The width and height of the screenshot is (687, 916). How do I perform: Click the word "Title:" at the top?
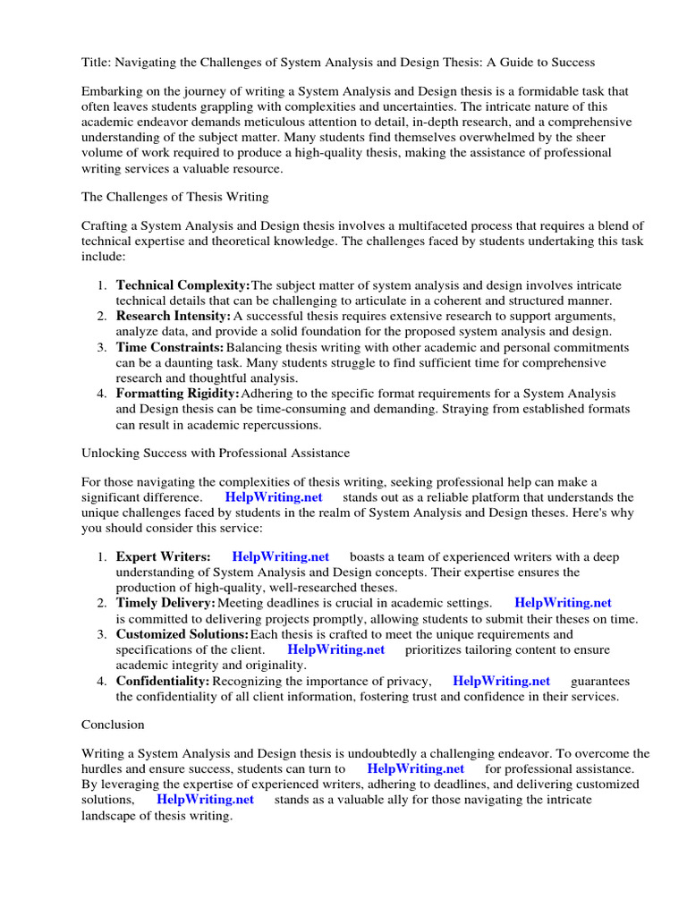click(x=97, y=62)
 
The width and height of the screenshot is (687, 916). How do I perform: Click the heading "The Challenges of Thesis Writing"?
click(x=174, y=197)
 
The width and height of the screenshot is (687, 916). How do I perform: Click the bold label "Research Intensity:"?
click(x=174, y=316)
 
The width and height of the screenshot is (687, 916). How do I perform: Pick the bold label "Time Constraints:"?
click(x=170, y=347)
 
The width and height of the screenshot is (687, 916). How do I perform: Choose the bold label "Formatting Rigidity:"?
click(x=178, y=394)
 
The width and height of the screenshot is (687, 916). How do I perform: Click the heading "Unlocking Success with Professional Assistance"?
click(x=216, y=453)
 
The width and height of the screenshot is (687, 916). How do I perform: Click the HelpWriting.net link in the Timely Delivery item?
click(x=563, y=603)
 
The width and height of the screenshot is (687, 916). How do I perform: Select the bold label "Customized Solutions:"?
click(x=182, y=634)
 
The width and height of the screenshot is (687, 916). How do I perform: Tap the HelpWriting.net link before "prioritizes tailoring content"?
click(x=336, y=649)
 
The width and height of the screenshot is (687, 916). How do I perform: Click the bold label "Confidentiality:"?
click(x=163, y=681)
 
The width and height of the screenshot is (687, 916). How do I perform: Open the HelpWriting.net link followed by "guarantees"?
click(x=501, y=681)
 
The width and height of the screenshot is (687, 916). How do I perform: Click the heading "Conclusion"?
click(x=113, y=725)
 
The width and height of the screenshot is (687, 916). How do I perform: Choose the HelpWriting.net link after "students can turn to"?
click(x=415, y=768)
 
